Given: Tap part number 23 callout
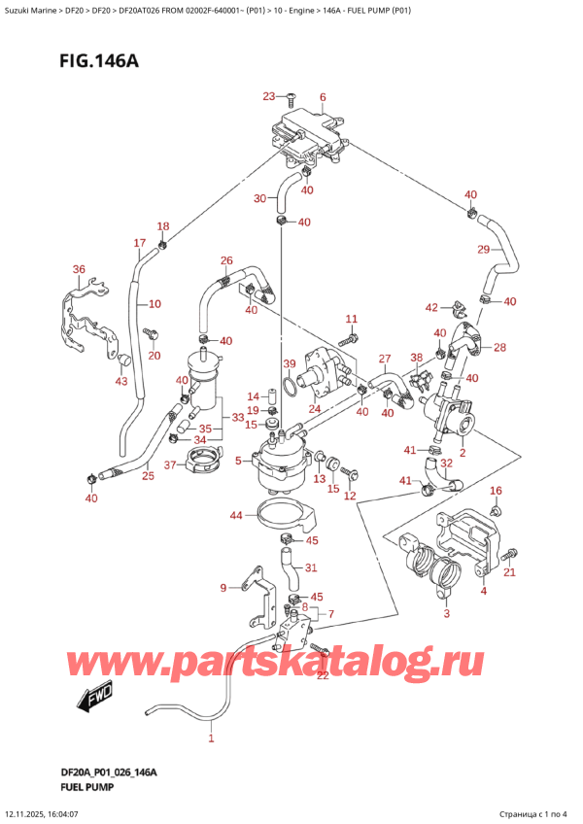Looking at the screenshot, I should [x=269, y=95].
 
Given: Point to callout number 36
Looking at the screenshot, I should [x=79, y=269].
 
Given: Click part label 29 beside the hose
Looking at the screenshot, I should [x=483, y=250].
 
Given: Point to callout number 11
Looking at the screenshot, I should [x=351, y=319].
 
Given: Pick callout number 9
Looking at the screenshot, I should [x=223, y=587].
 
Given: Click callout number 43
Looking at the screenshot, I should [x=120, y=381].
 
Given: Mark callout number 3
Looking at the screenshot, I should [x=446, y=613].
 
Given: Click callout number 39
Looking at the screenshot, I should [x=288, y=363].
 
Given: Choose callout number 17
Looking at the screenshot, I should [x=139, y=243].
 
